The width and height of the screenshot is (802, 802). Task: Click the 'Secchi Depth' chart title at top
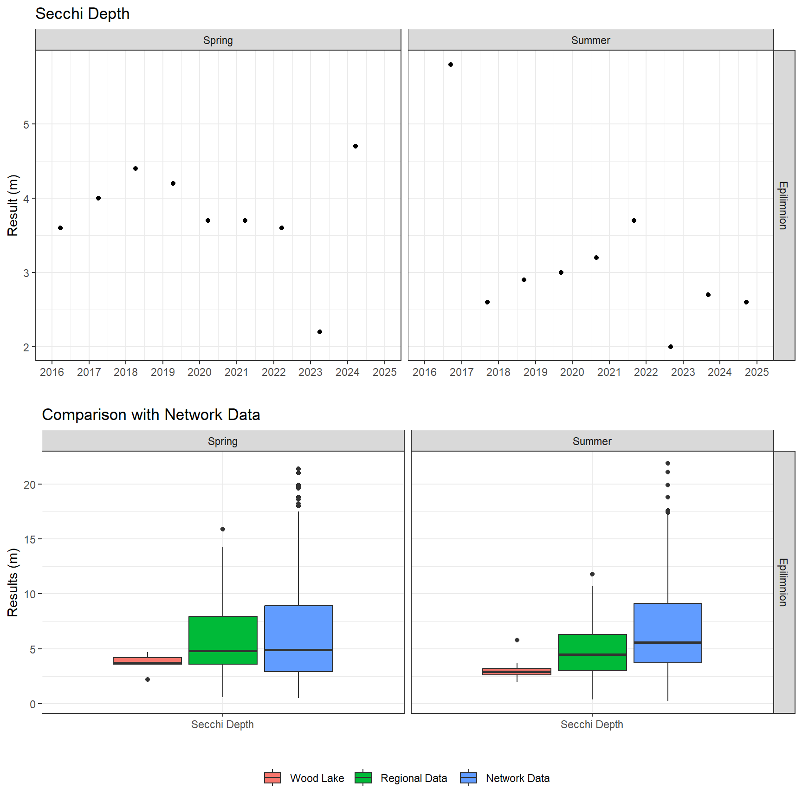pyautogui.click(x=82, y=14)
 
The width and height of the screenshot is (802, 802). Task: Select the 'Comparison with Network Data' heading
pyautogui.click(x=151, y=414)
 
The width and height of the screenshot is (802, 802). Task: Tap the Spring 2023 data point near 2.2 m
pyautogui.click(x=320, y=332)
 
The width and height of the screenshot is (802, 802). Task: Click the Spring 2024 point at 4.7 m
pyautogui.click(x=356, y=146)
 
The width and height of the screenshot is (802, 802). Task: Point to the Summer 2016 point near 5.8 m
pyautogui.click(x=451, y=65)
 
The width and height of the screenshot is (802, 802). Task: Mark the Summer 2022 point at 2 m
pyautogui.click(x=671, y=347)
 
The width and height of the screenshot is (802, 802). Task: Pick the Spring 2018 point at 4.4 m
pyautogui.click(x=136, y=168)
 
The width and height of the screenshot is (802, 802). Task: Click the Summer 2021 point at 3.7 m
pyautogui.click(x=634, y=220)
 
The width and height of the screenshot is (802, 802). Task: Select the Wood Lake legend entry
pyautogui.click(x=304, y=778)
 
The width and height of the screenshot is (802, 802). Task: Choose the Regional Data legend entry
pyautogui.click(x=401, y=778)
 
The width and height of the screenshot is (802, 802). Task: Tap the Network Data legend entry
pyautogui.click(x=505, y=778)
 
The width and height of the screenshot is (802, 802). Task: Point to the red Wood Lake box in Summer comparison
pyautogui.click(x=517, y=671)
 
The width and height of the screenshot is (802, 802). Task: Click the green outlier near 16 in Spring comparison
pyautogui.click(x=223, y=529)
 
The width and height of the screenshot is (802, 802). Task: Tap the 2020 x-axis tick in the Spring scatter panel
pyautogui.click(x=200, y=372)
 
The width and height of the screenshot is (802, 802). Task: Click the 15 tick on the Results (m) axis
pyautogui.click(x=30, y=539)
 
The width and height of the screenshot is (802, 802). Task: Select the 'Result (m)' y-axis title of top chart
pyautogui.click(x=13, y=205)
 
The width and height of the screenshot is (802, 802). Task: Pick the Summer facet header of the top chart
pyautogui.click(x=590, y=40)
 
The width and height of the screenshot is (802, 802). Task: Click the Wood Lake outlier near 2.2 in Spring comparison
pyautogui.click(x=148, y=679)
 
